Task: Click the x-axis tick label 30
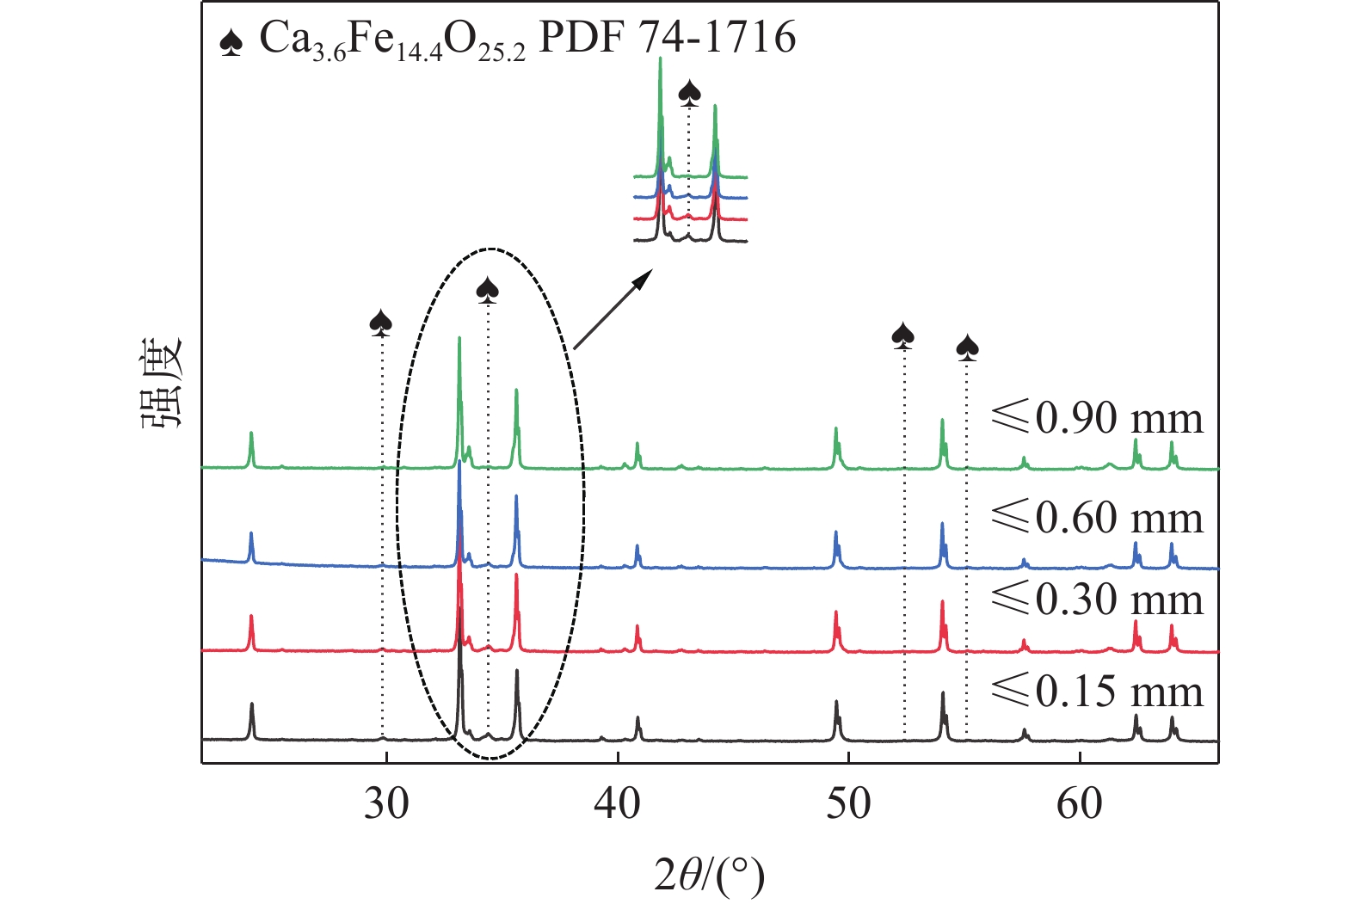(x=386, y=803)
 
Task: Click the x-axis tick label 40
(x=618, y=803)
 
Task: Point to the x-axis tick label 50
(x=848, y=803)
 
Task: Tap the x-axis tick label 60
(x=1079, y=803)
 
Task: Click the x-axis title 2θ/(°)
(x=709, y=875)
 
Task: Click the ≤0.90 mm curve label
(x=1097, y=418)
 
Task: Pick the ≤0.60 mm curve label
(x=1097, y=517)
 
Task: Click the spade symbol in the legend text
(x=231, y=41)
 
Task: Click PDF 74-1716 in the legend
(x=667, y=38)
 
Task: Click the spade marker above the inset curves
(x=689, y=92)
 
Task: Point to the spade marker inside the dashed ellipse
(x=488, y=291)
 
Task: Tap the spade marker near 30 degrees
(x=381, y=323)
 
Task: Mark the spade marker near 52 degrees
(x=902, y=335)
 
